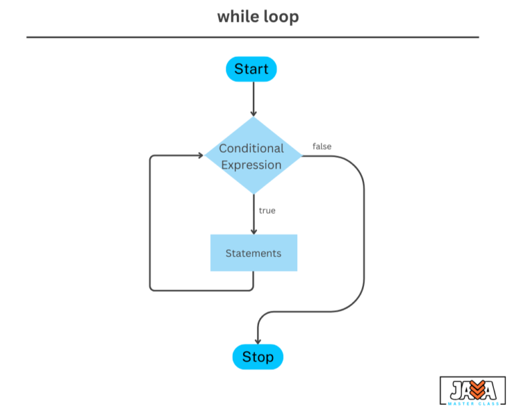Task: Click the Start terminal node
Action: click(251, 69)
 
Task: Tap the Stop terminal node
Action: click(258, 357)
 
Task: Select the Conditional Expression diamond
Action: click(252, 156)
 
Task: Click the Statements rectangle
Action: click(254, 253)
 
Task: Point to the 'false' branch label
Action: click(322, 146)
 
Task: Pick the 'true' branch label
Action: click(267, 210)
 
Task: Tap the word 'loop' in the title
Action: click(282, 17)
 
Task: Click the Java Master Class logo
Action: click(473, 390)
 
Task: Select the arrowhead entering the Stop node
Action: click(258, 341)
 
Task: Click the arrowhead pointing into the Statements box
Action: click(254, 230)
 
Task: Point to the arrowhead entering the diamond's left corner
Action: click(199, 156)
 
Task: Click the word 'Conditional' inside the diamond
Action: click(252, 148)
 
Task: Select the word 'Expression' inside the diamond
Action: click(252, 165)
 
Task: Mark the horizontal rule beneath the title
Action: click(252, 37)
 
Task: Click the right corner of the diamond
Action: click(301, 156)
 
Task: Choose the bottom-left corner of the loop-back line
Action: click(151, 289)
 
